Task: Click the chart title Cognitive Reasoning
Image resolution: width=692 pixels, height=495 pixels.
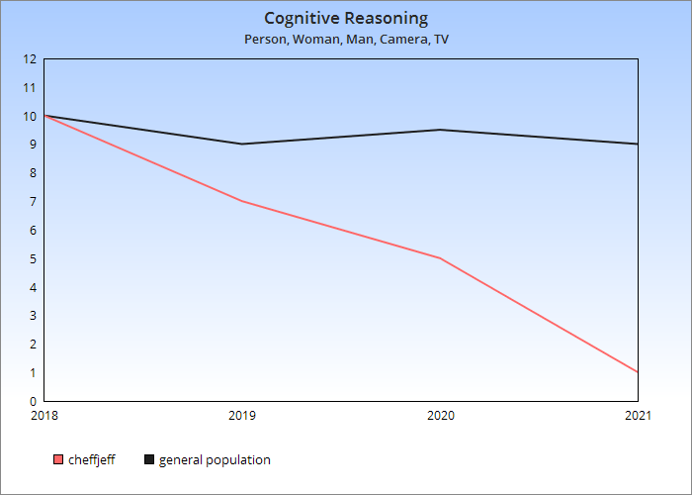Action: pos(346,18)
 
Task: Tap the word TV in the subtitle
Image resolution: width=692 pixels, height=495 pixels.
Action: pos(441,40)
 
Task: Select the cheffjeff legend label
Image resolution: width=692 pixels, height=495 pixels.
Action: pos(91,459)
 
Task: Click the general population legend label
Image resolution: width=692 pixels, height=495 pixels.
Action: pos(215,459)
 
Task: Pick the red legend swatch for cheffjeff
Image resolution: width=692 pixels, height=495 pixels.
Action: pos(57,459)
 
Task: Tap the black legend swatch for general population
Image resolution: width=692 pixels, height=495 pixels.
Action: pos(149,459)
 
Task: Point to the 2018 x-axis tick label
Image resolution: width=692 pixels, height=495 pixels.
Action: pos(44,416)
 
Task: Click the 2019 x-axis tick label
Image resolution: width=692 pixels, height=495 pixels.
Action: pos(242,416)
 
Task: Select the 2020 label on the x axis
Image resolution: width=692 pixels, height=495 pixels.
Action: pos(440,416)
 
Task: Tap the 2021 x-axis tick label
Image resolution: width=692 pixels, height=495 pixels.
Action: pos(638,416)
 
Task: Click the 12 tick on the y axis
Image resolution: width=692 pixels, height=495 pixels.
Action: pos(30,59)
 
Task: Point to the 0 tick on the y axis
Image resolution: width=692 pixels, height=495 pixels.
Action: pos(33,402)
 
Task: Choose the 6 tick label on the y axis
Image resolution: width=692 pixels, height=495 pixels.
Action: pos(33,231)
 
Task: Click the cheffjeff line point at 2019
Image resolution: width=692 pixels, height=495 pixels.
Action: pos(242,201)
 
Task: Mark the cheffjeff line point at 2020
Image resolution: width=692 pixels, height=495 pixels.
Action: pos(440,258)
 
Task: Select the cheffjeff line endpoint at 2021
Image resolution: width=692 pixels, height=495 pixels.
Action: pos(638,372)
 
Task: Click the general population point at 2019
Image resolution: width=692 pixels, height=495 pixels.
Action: pos(242,145)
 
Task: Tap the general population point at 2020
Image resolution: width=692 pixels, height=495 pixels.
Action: pos(440,130)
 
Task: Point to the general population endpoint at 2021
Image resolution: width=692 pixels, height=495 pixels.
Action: pos(638,145)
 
